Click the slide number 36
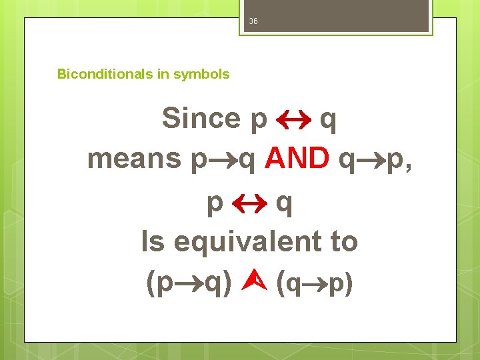pyautogui.click(x=253, y=21)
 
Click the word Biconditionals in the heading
pyautogui.click(x=105, y=74)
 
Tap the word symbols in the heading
pyautogui.click(x=201, y=74)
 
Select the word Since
pyautogui.click(x=201, y=119)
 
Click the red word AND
pyautogui.click(x=297, y=159)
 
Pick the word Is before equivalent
pyautogui.click(x=153, y=241)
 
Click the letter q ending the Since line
pyautogui.click(x=328, y=120)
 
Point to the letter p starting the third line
pyautogui.click(x=215, y=203)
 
